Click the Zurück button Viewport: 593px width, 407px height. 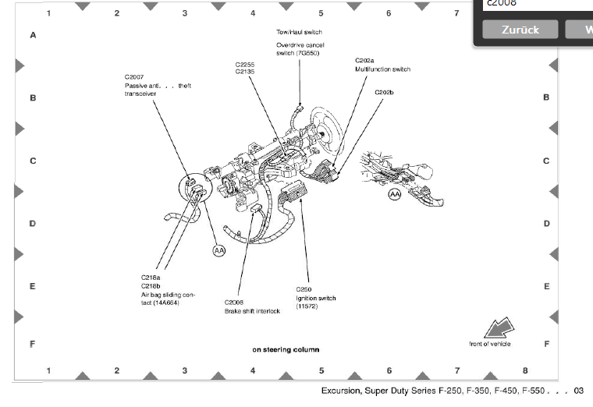[520, 29]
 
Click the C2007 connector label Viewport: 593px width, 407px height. [134, 77]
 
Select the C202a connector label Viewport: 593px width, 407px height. [364, 60]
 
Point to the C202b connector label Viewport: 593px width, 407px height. [384, 92]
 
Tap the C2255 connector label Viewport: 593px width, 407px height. [245, 64]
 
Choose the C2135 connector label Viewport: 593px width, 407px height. [245, 72]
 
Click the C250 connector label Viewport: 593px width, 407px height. [303, 289]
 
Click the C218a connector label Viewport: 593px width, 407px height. [150, 278]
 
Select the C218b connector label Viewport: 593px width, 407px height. [150, 285]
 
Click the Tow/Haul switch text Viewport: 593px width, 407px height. [299, 32]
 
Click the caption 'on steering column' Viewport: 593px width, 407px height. [286, 349]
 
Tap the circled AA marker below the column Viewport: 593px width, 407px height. [219, 250]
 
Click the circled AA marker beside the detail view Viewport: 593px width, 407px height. [395, 193]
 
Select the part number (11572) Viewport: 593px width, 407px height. [306, 306]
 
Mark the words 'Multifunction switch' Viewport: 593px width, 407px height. [382, 69]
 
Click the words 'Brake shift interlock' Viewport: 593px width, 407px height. [252, 311]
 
